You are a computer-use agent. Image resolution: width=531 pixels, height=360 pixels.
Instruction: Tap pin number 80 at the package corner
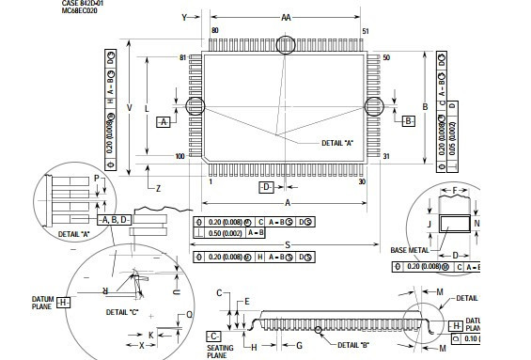coord(215,31)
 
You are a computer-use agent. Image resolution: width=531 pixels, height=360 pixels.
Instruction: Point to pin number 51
coord(365,32)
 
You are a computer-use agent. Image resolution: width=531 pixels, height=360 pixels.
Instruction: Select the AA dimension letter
coord(286,17)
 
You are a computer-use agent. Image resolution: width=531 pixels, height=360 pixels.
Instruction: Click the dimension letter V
coord(130,108)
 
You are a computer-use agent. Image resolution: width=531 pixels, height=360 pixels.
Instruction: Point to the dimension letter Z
coord(158,189)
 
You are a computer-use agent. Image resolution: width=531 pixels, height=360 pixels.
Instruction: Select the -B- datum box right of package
coord(408,121)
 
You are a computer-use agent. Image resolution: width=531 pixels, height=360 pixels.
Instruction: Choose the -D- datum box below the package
coord(267,187)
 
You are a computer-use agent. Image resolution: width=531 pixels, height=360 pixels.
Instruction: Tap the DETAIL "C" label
coord(122,311)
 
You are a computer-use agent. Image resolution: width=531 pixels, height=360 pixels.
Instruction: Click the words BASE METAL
coord(408,250)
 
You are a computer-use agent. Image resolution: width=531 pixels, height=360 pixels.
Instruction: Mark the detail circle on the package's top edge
coord(286,44)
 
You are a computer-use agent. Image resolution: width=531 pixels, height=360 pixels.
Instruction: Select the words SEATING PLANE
coord(219,351)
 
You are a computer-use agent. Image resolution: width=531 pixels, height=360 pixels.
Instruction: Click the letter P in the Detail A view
coord(97,178)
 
